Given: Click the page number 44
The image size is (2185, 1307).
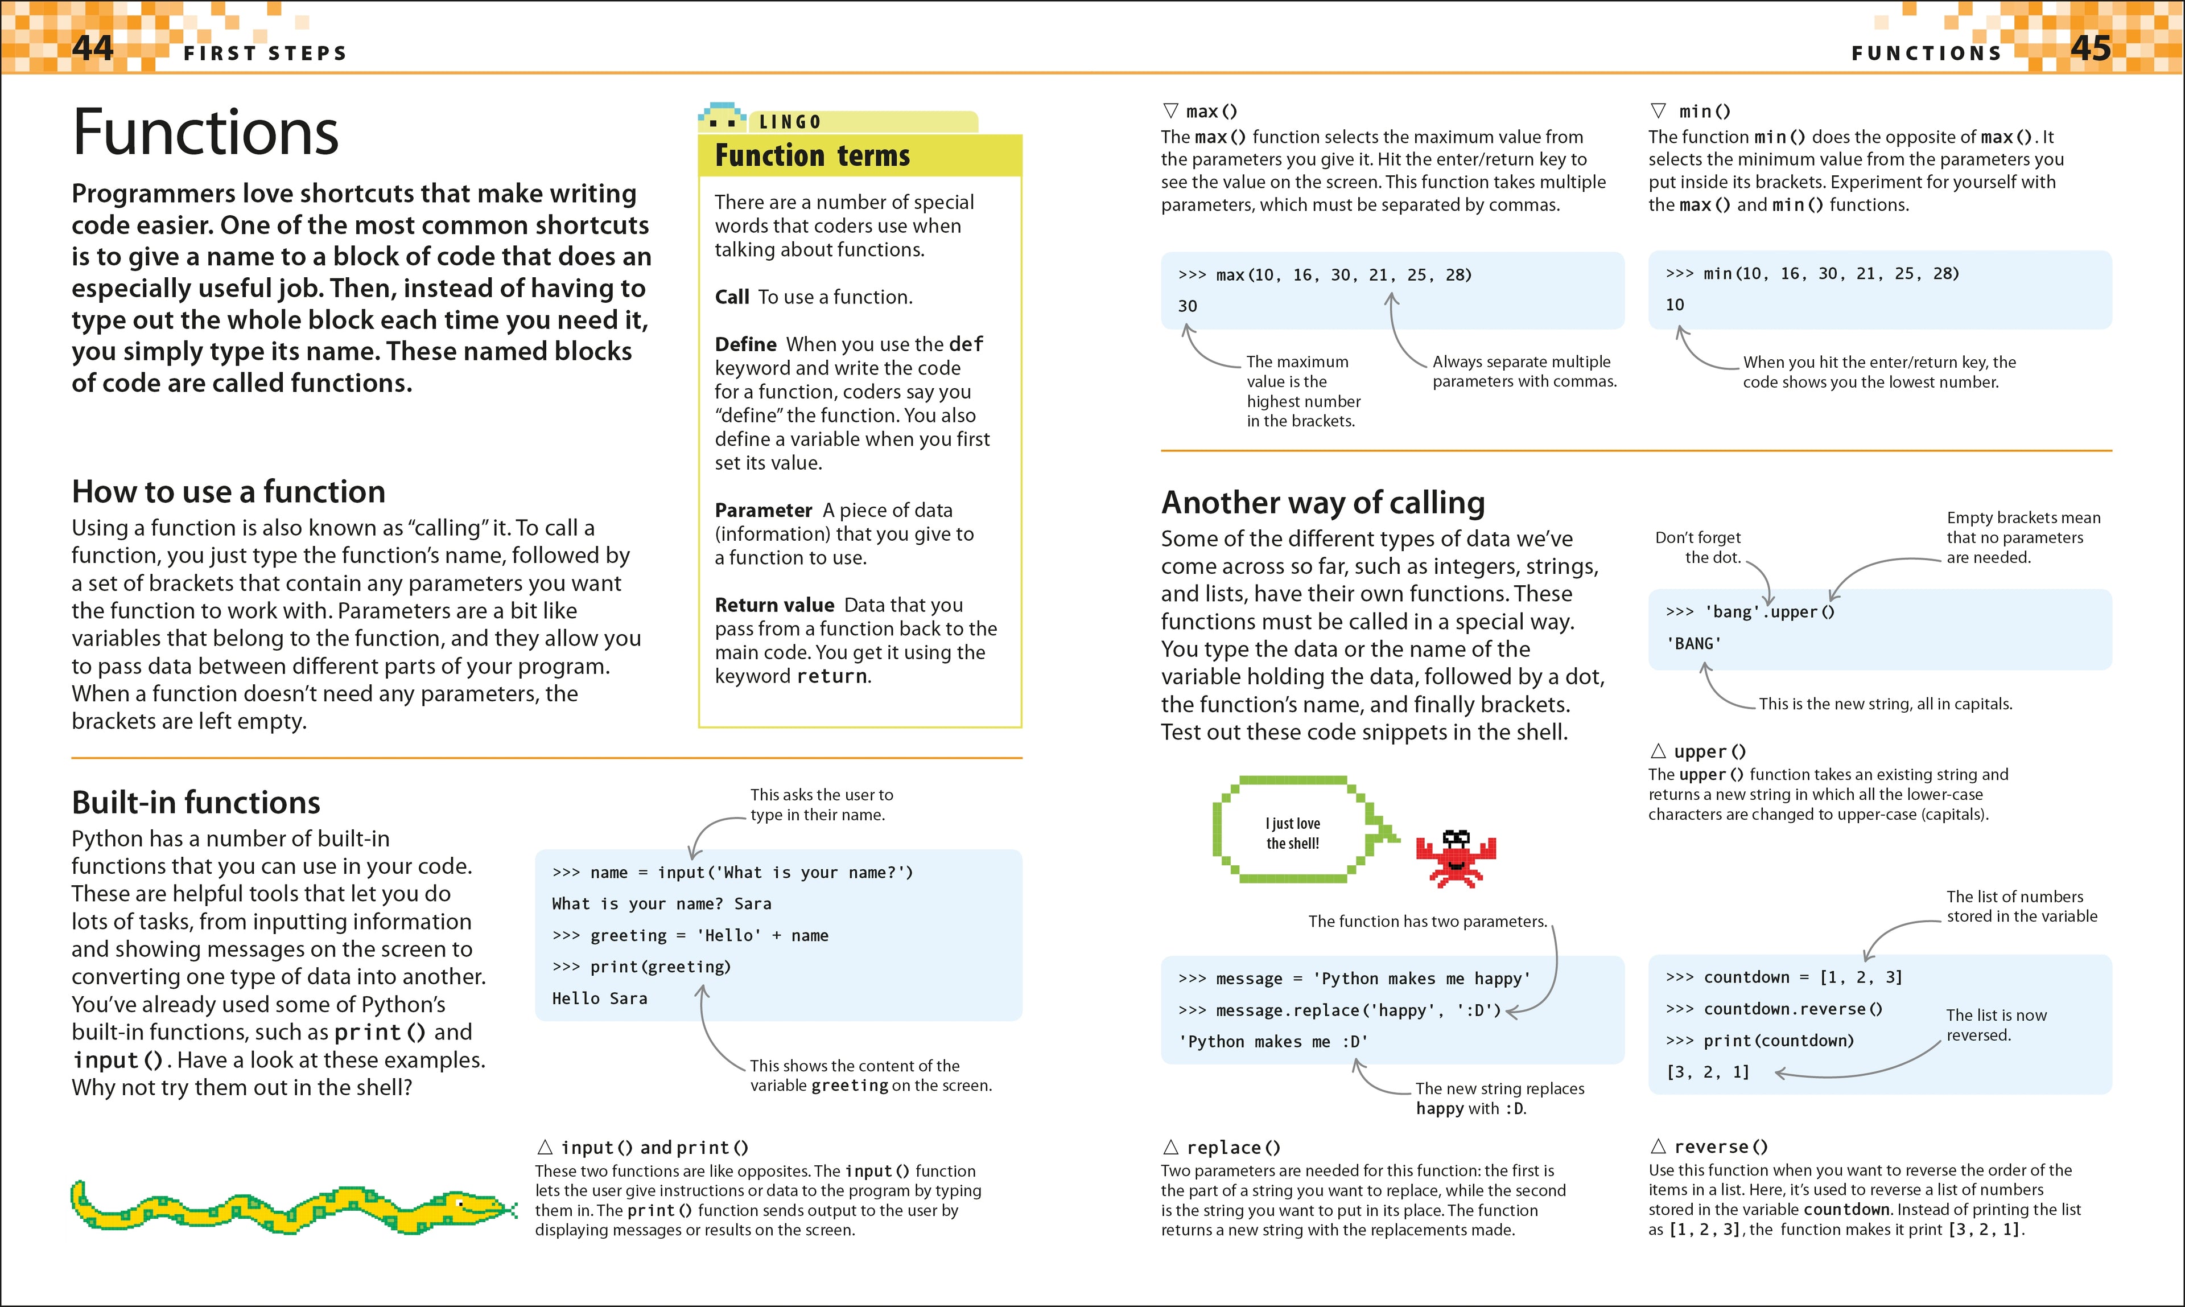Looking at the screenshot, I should [92, 48].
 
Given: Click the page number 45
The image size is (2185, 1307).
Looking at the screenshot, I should [2091, 48].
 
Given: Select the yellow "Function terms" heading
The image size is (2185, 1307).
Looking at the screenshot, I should [811, 156].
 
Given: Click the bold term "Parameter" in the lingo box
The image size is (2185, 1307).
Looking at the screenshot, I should [762, 510].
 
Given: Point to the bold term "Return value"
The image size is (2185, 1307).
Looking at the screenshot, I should [774, 605].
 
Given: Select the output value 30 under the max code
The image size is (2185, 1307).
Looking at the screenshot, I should [1188, 306].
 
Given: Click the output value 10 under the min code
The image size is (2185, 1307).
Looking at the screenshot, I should [1675, 305].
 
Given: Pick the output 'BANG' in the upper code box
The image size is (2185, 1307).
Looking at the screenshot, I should [1693, 644].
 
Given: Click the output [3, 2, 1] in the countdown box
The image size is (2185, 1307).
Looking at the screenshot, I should [1708, 1072].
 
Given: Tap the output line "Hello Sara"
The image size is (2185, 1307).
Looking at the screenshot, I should [600, 998].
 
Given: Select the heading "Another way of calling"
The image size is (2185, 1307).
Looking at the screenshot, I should [1322, 502].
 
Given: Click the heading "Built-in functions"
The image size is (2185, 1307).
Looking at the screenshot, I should [195, 802].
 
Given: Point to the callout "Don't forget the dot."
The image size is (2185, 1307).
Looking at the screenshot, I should [1698, 547].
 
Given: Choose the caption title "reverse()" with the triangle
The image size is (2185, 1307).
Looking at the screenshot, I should [1720, 1146].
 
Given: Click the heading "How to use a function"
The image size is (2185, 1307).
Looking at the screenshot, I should [228, 491].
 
